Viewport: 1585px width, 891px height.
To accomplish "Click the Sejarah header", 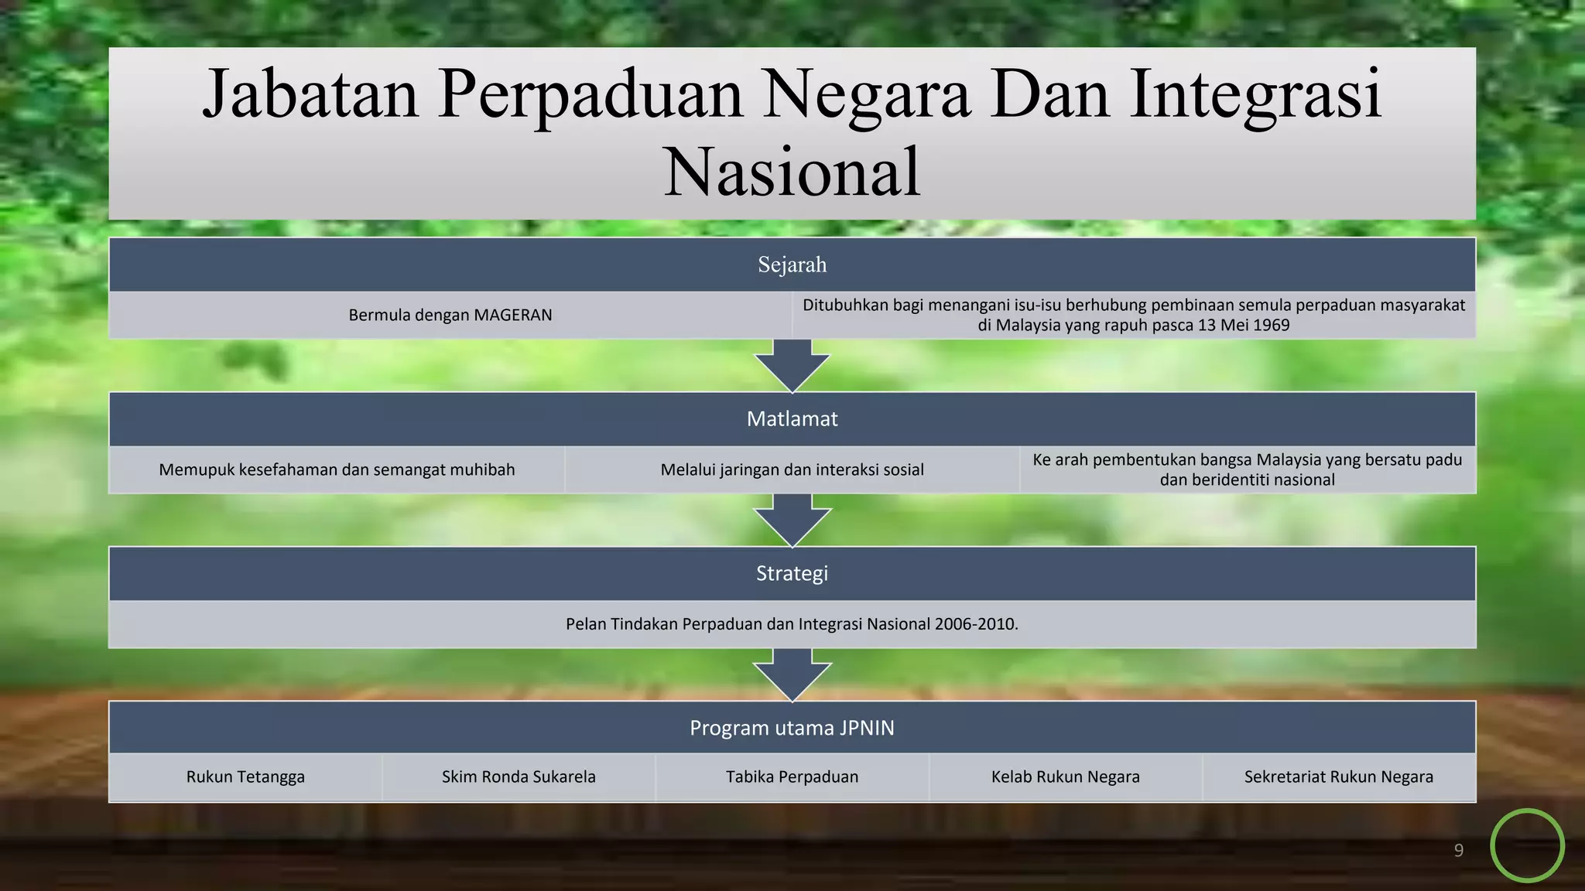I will coord(792,265).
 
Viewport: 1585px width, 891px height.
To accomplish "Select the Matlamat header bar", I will coord(792,419).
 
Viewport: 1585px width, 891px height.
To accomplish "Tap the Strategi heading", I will coord(792,573).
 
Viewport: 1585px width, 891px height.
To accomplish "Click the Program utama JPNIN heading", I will coord(792,728).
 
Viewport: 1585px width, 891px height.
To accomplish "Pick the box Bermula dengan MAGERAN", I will coord(450,315).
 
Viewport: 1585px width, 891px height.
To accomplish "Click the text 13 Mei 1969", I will coord(1243,326).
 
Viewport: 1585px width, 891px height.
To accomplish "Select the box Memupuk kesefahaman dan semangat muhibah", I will coord(337,469).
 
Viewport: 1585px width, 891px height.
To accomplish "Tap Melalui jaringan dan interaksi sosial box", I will coord(792,469).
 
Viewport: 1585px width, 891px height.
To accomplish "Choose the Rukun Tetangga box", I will coord(245,777).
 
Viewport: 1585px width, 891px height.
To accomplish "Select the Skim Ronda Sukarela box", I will coord(519,777).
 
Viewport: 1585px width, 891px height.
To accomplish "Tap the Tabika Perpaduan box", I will coord(792,777).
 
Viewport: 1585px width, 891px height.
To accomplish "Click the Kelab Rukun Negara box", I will coord(1065,777).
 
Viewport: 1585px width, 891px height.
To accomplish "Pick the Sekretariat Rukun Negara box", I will coord(1338,777).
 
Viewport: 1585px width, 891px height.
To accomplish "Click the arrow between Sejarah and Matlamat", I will coord(792,367).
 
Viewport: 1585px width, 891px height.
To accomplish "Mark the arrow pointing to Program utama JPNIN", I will coord(792,675).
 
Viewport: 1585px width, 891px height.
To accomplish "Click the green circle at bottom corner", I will coord(1527,845).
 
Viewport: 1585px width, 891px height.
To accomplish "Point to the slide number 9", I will coord(1459,851).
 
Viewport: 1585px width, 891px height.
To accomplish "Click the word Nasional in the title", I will coord(792,172).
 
